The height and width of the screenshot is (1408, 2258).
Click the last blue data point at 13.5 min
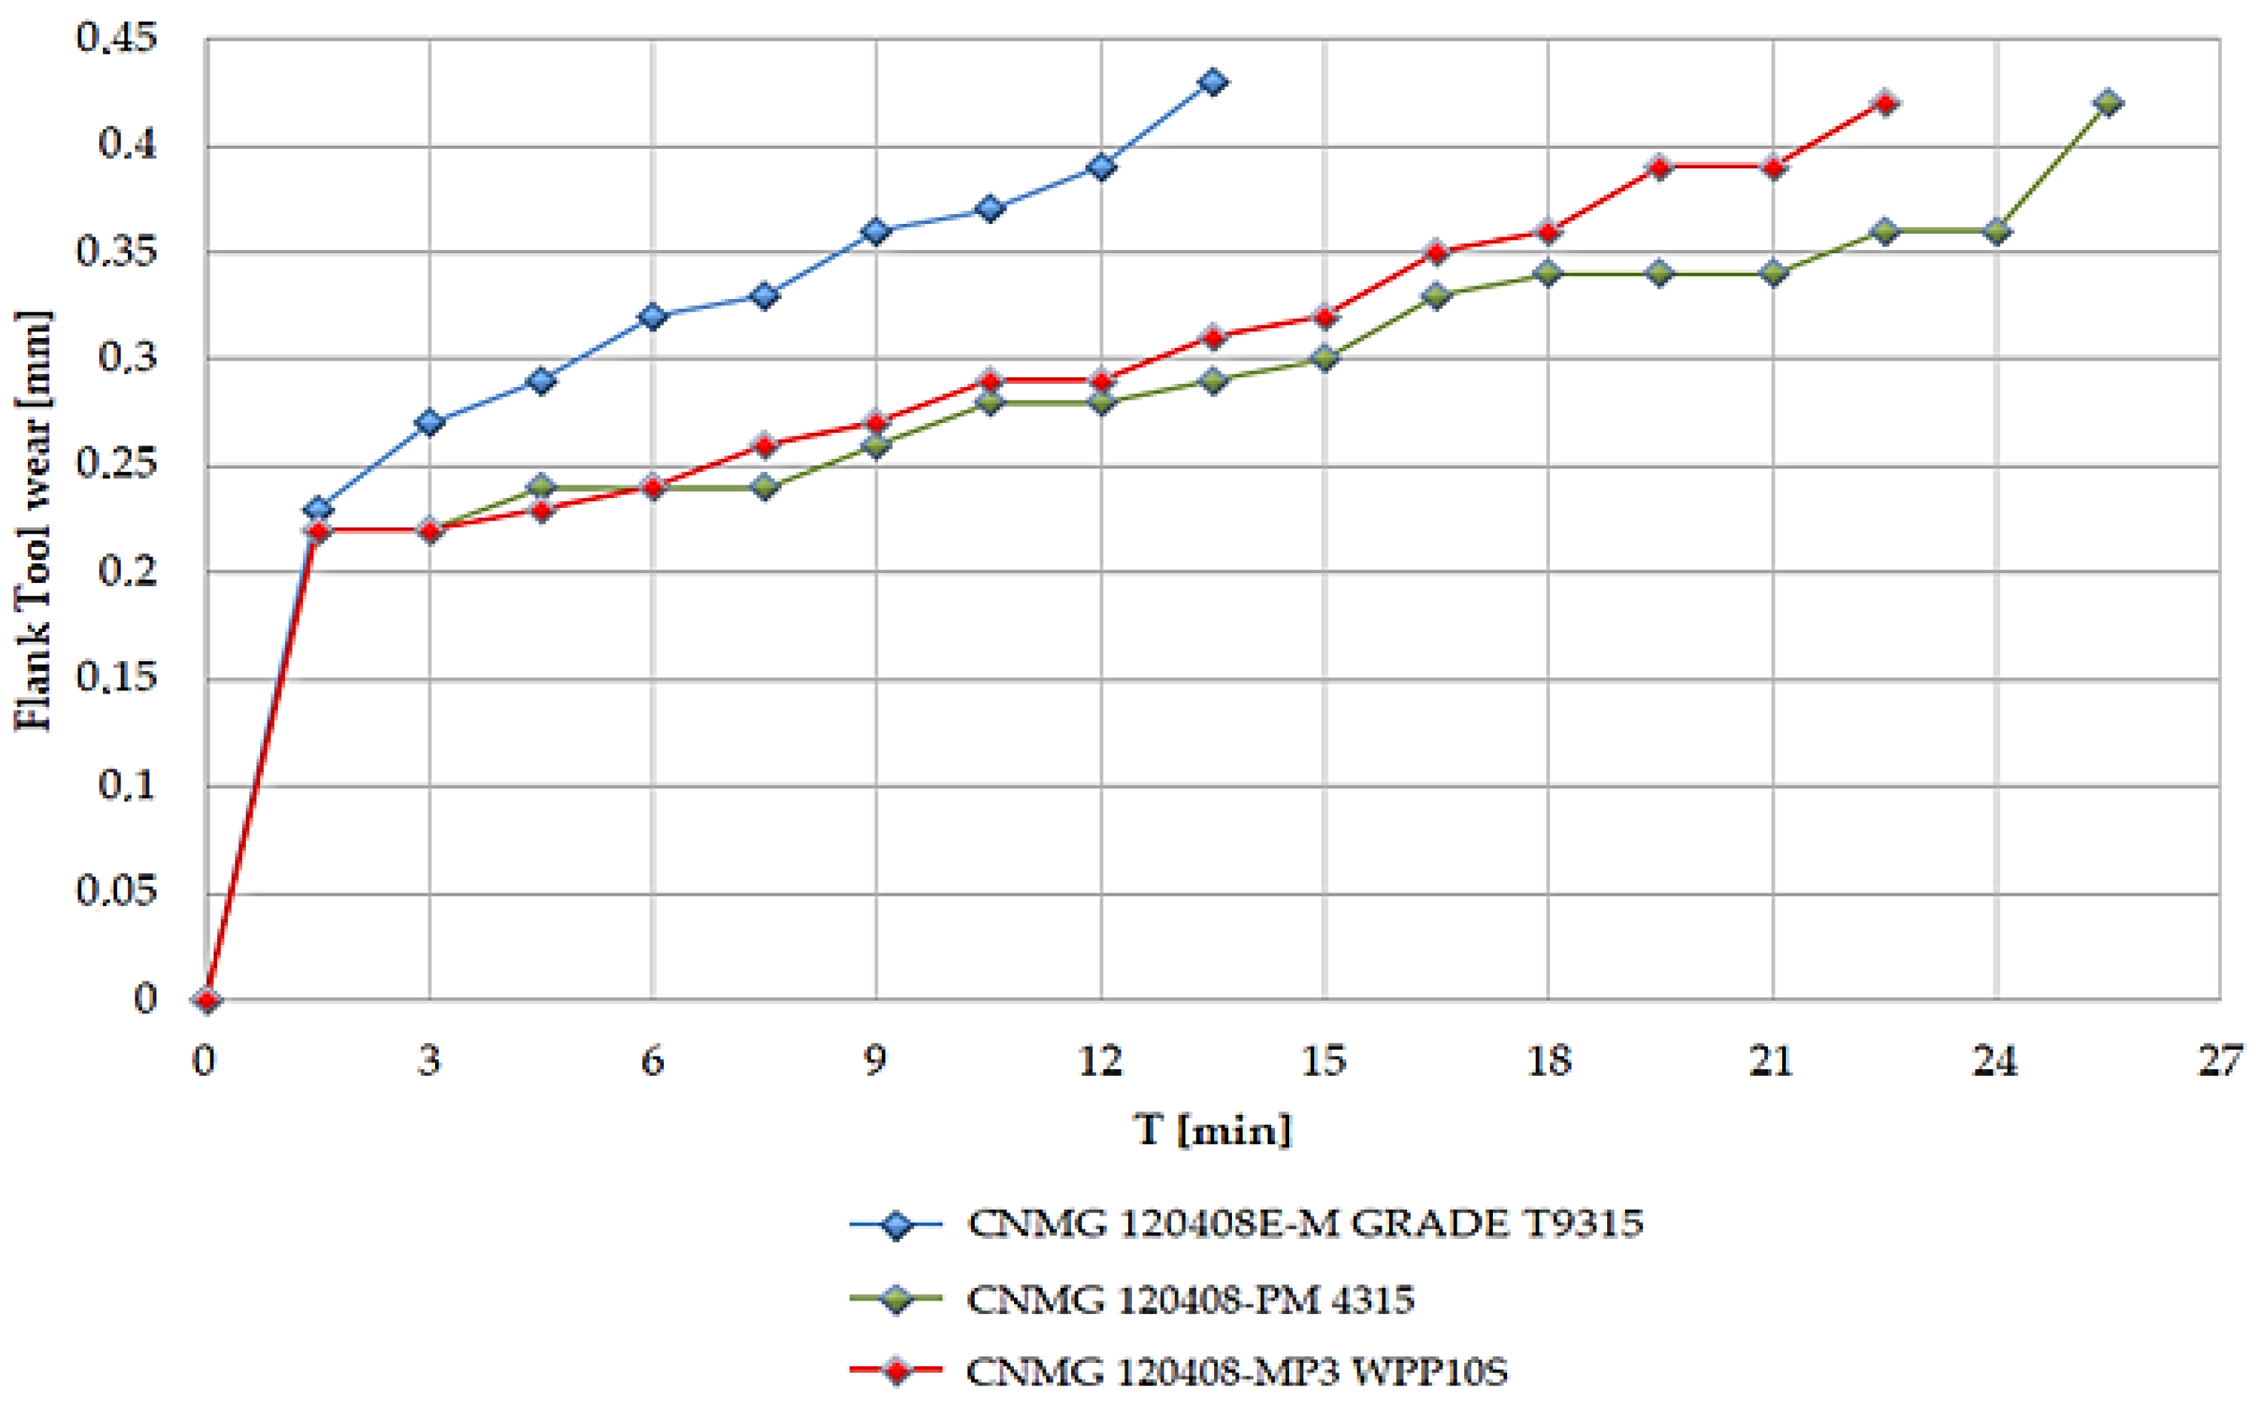pos(1212,82)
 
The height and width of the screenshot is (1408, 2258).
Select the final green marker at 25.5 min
pos(2108,102)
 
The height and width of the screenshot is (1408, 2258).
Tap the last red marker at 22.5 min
pos(1884,102)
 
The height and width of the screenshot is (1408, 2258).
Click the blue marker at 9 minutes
pos(876,231)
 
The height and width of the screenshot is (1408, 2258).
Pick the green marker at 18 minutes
pos(1548,273)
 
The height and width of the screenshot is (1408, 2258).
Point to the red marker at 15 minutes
pos(1324,316)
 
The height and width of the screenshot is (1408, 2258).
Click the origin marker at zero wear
pos(207,1000)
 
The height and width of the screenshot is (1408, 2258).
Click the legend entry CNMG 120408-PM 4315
pos(1190,1299)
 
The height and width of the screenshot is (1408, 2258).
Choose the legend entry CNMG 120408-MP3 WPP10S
pos(1236,1370)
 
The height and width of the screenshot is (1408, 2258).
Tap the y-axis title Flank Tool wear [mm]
pos(34,521)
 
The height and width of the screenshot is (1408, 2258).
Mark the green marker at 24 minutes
pos(1996,231)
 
